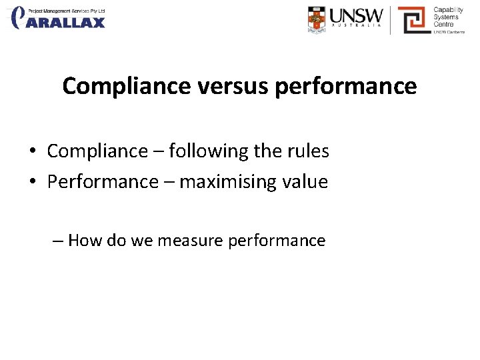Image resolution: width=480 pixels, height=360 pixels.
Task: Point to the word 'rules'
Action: tap(309, 151)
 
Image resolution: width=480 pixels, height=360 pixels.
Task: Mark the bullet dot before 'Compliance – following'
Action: tap(33, 152)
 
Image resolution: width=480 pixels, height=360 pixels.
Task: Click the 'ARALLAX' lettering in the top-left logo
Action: tap(66, 22)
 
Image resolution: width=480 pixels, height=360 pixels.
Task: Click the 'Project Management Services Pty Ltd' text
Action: tap(67, 11)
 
